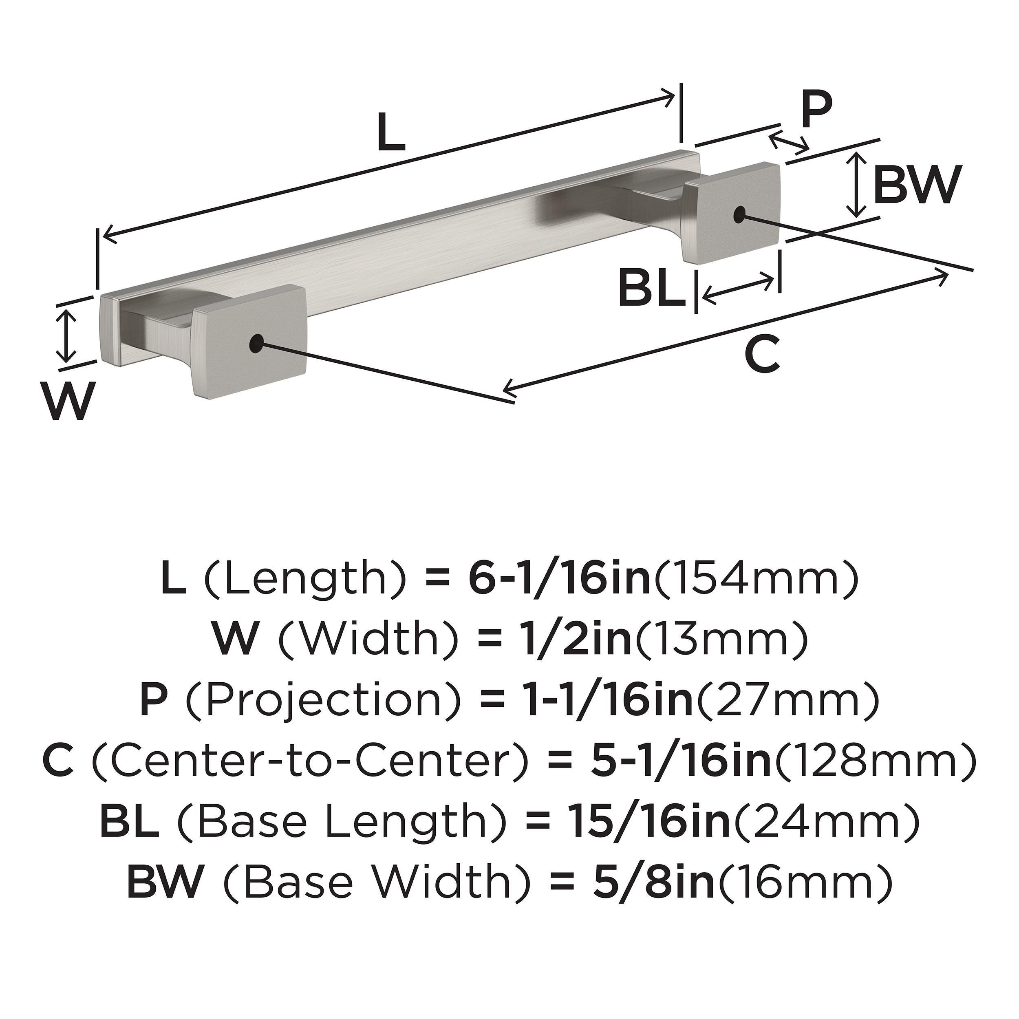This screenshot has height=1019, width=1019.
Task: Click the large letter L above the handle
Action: (392, 132)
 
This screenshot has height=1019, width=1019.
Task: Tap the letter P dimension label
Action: (816, 110)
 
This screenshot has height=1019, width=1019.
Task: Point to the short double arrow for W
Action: (66, 336)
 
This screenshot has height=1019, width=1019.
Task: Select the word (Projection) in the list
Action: (323, 699)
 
